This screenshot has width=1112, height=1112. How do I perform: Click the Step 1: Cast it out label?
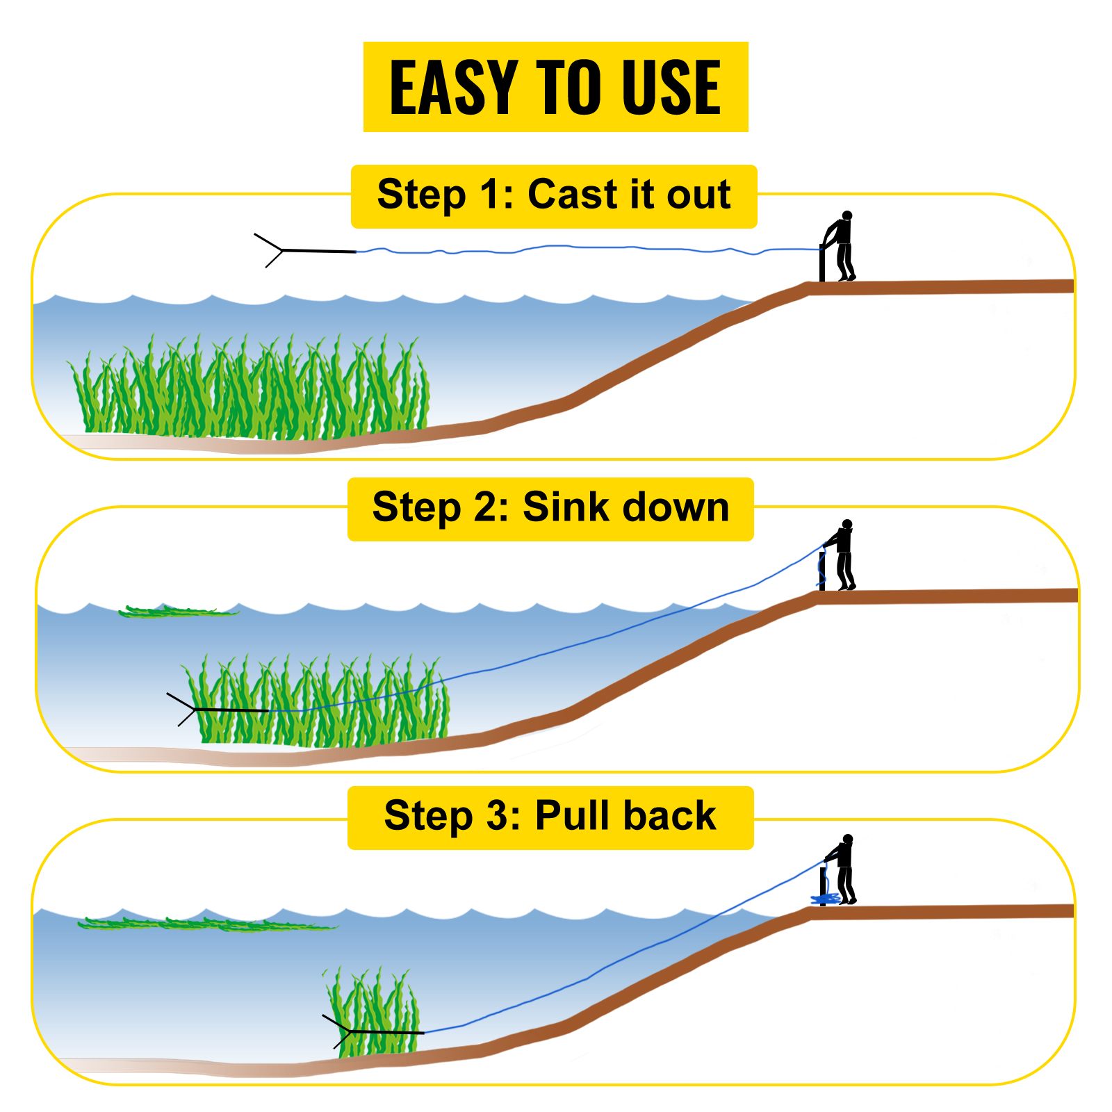pyautogui.click(x=554, y=195)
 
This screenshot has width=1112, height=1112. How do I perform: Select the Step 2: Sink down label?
pyautogui.click(x=550, y=508)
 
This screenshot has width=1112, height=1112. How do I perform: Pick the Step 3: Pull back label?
pyautogui.click(x=550, y=817)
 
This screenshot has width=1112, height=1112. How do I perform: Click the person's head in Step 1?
pyautogui.click(x=847, y=215)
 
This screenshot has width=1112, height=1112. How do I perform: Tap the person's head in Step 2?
pyautogui.click(x=847, y=524)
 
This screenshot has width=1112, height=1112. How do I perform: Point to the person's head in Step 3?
pyautogui.click(x=847, y=839)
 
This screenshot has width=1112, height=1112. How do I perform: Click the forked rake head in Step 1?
pyautogui.click(x=271, y=250)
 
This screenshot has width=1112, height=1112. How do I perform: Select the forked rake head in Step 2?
pyautogui.click(x=184, y=709)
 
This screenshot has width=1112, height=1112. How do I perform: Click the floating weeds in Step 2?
pyautogui.click(x=177, y=612)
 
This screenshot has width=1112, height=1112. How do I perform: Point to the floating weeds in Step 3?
pyautogui.click(x=208, y=924)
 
